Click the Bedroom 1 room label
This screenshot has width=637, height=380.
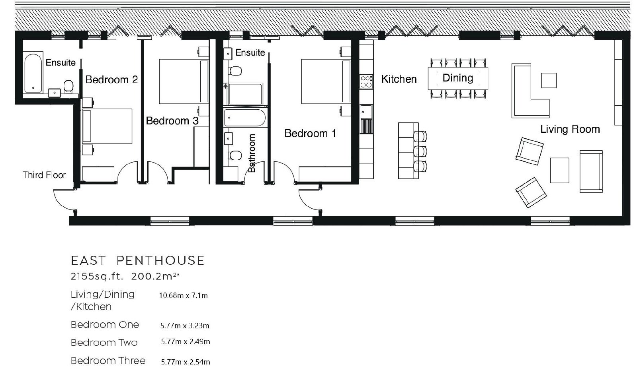(310, 133)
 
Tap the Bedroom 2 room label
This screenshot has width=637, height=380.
(111, 79)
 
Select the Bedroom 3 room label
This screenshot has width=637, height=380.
(172, 121)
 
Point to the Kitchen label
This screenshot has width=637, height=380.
(399, 79)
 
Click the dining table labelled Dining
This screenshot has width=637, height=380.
(458, 78)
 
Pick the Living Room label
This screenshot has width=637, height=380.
(570, 129)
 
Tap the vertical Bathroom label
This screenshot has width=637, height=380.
(252, 153)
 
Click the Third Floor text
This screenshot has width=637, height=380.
(44, 175)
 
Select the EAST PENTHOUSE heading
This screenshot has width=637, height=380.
(138, 260)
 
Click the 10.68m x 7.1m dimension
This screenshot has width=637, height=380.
(184, 296)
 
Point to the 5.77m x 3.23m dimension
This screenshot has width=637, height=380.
(185, 326)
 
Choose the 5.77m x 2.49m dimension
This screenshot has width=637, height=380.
(186, 342)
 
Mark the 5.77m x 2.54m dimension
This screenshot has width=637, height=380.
(186, 362)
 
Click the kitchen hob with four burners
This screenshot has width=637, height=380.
(366, 82)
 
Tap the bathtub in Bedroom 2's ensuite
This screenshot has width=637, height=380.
(33, 73)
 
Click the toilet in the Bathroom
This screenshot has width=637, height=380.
(235, 155)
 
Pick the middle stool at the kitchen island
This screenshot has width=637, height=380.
(420, 151)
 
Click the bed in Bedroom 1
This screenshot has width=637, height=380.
(326, 81)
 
